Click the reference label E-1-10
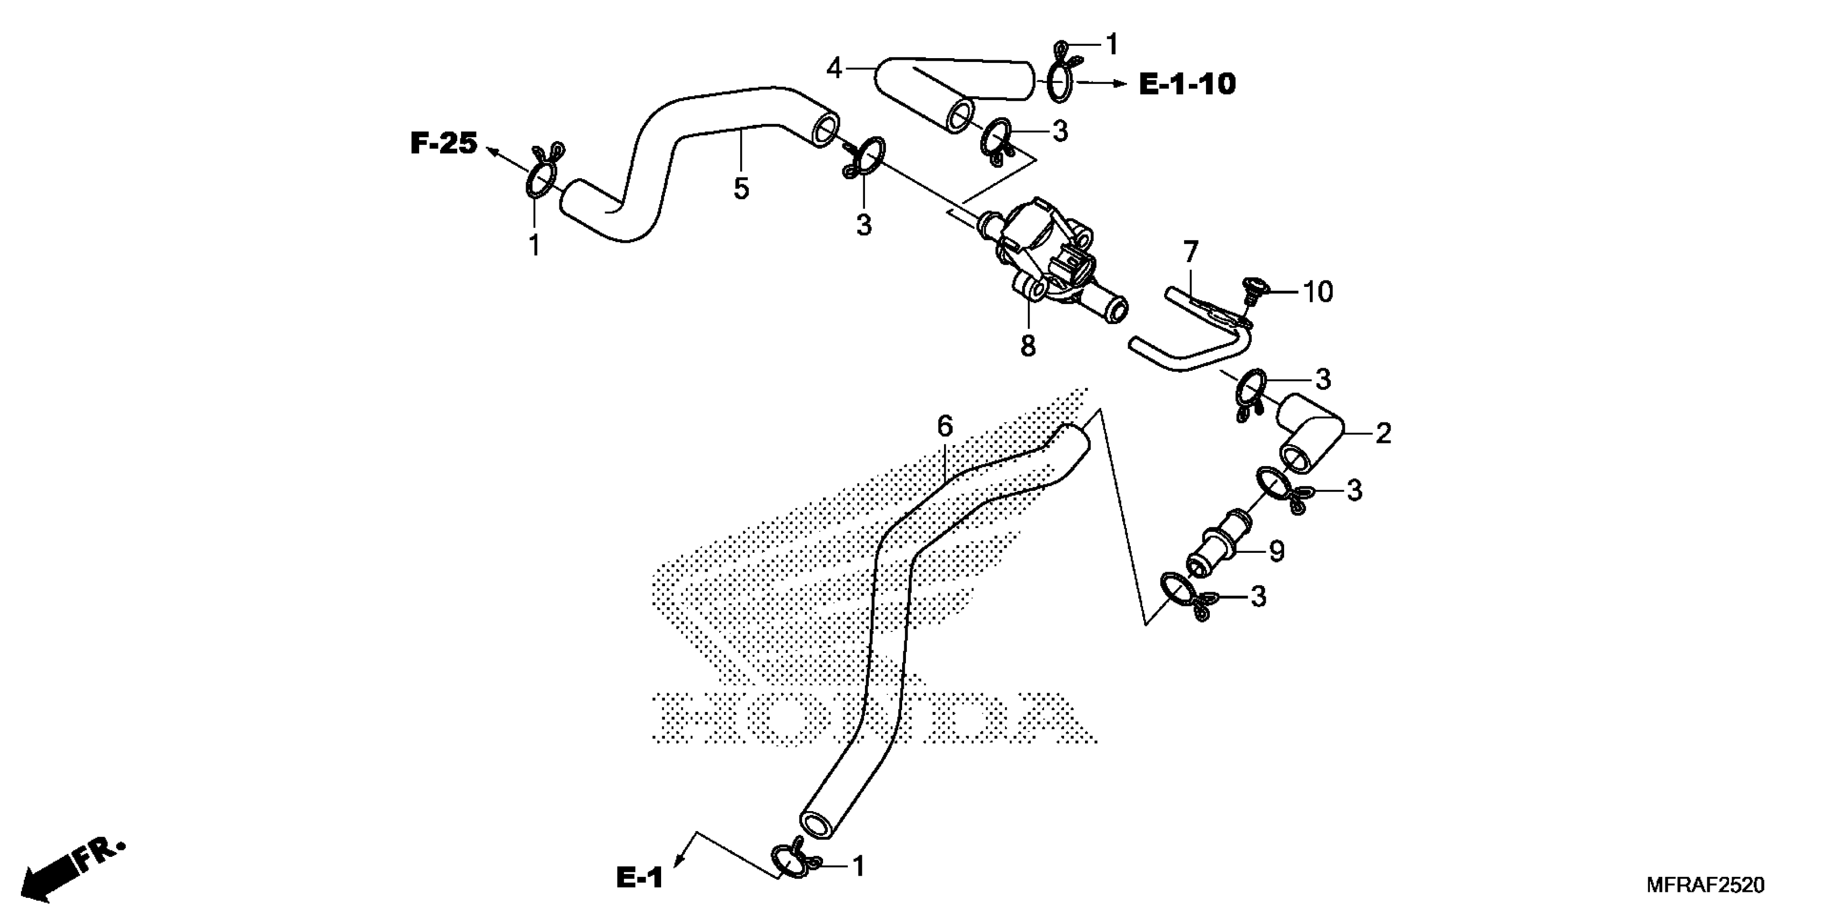(x=1187, y=85)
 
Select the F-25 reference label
(x=444, y=144)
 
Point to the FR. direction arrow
(x=71, y=870)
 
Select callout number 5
(x=741, y=189)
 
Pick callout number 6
(x=944, y=426)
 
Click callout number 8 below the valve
(x=1027, y=346)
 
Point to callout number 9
(x=1277, y=551)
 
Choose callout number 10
(x=1318, y=292)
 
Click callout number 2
(x=1383, y=433)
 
